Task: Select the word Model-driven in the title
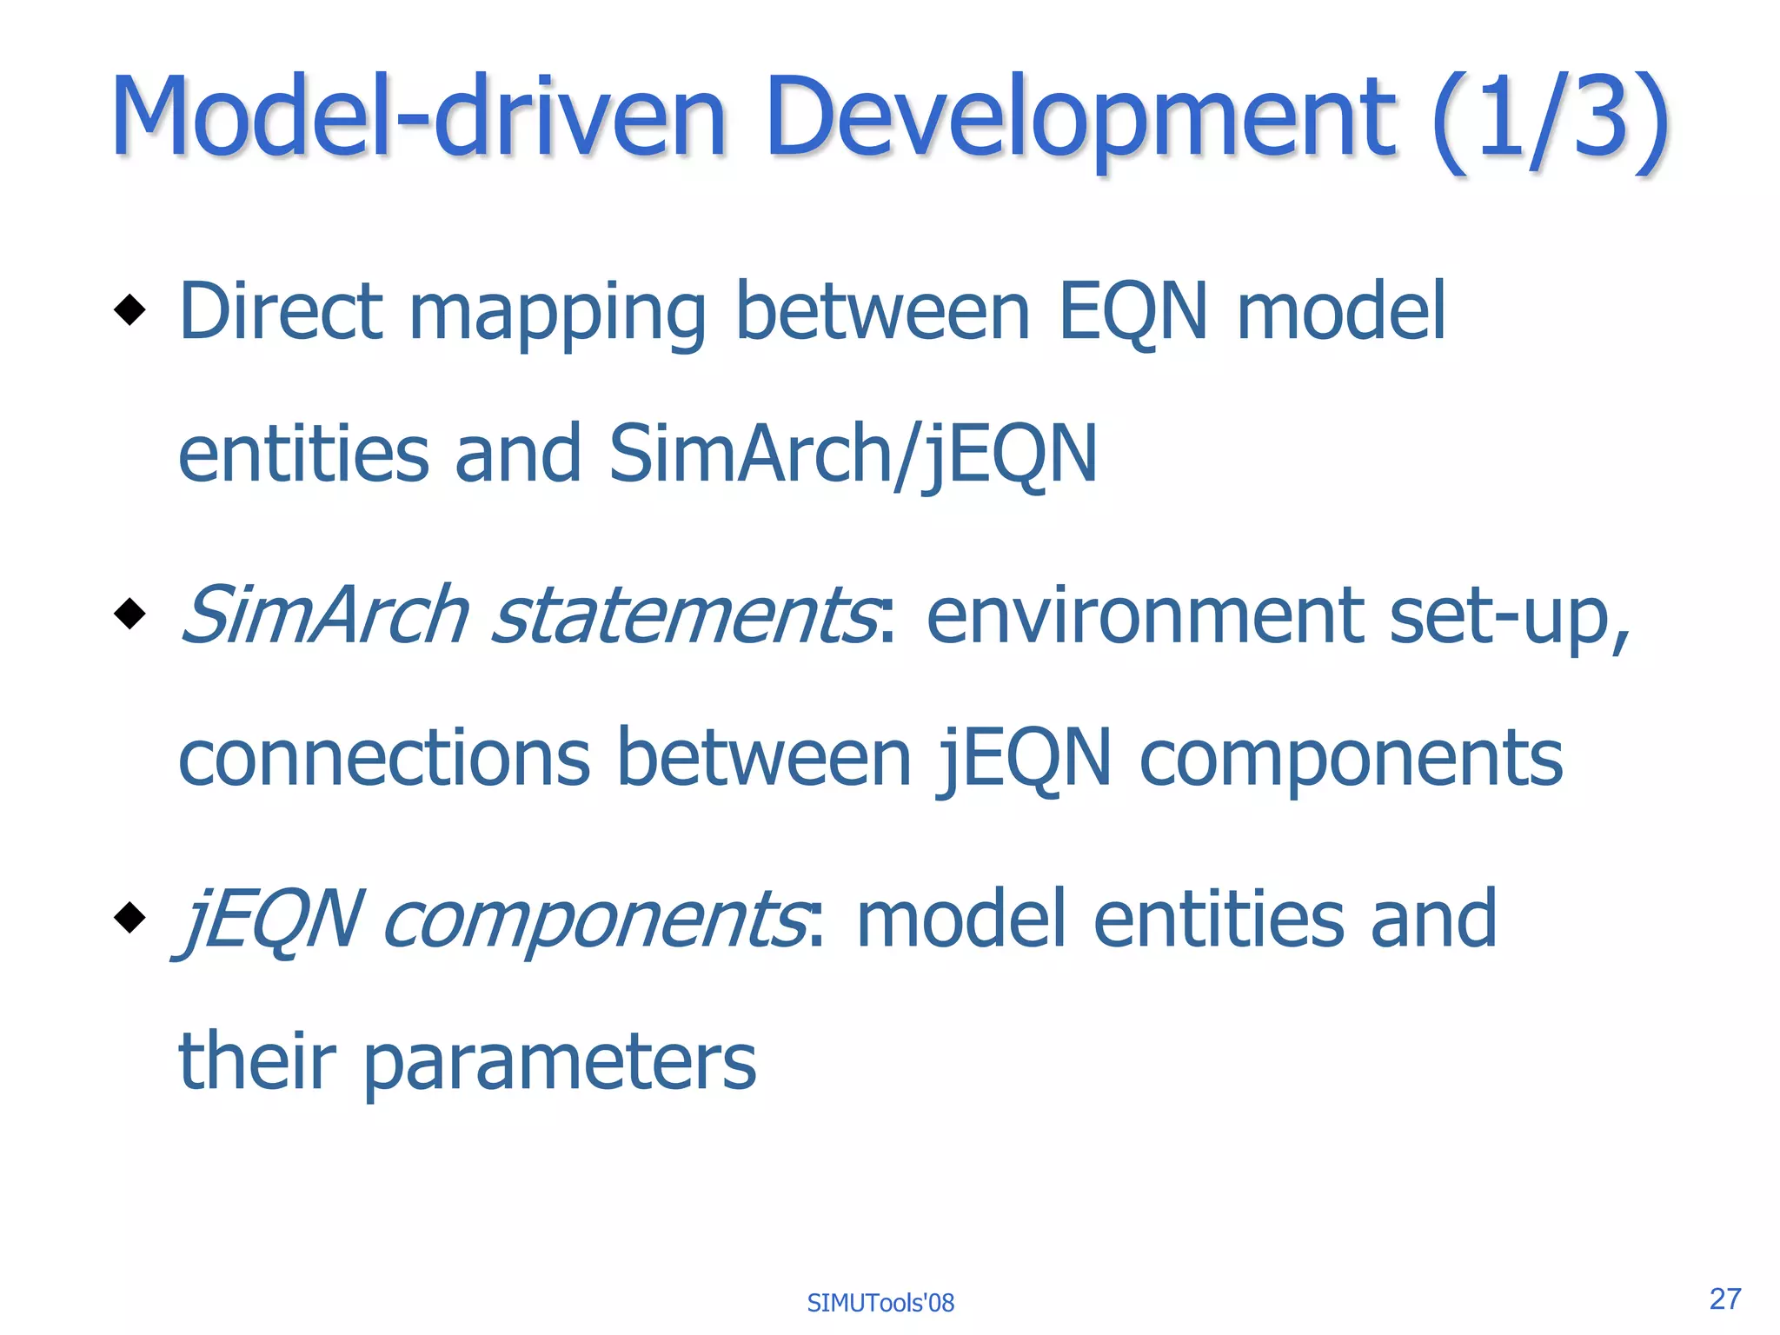tap(418, 117)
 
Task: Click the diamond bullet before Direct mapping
tap(130, 309)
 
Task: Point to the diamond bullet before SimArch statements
tap(130, 614)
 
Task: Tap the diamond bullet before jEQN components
tap(130, 917)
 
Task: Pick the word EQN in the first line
tap(1132, 313)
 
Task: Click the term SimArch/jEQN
tap(853, 455)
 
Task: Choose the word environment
tap(1145, 617)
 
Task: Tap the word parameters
tap(559, 1064)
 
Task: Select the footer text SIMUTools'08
tap(880, 1303)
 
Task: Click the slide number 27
tap(1724, 1298)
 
